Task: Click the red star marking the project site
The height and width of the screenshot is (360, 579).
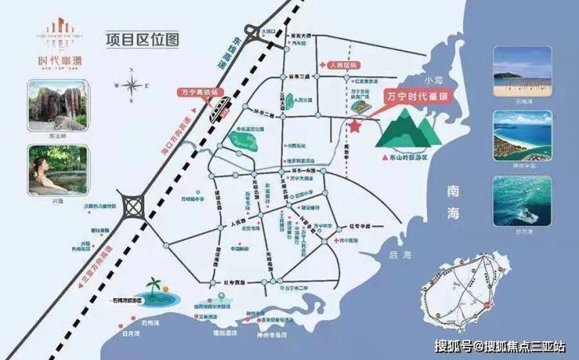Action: click(x=355, y=125)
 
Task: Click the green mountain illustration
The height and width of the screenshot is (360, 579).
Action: click(x=408, y=128)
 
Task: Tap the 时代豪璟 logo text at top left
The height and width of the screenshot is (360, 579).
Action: click(x=54, y=58)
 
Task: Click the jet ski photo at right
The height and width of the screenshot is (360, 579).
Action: click(x=514, y=202)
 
